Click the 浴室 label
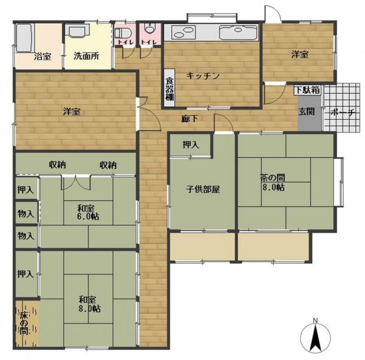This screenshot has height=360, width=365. [x=43, y=57]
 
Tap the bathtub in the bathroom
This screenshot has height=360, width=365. [x=24, y=38]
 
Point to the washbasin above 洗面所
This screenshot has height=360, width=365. [x=78, y=32]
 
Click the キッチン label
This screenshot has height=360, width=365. [x=203, y=75]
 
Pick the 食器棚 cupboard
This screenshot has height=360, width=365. [x=170, y=88]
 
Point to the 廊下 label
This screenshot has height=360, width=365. [x=189, y=119]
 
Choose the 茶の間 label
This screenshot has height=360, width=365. [x=271, y=178]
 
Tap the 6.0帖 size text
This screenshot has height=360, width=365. [x=89, y=216]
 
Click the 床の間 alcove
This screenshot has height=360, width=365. [x=25, y=323]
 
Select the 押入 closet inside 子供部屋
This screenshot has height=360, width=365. [x=189, y=145]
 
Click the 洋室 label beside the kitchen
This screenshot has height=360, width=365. [x=299, y=55]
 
